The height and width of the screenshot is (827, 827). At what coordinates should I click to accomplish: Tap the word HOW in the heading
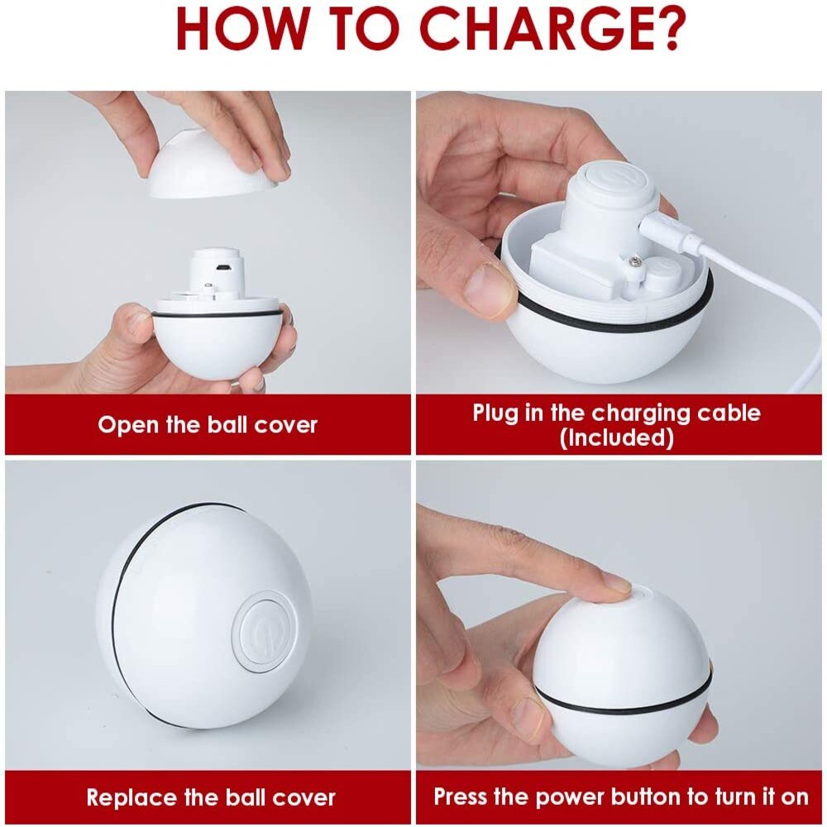coord(241,29)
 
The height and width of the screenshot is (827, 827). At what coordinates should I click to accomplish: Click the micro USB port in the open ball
coord(223,267)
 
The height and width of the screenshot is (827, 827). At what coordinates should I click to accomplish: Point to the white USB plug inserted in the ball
coord(671,236)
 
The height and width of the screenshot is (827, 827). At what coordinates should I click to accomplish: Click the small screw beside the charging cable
coord(634,260)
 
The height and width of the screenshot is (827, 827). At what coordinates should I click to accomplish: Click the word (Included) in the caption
coord(617,437)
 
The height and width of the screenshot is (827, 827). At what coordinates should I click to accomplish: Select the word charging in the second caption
coord(641,413)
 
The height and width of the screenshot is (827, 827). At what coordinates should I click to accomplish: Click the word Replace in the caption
coord(131,797)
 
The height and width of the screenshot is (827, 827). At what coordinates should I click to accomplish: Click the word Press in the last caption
coord(460,796)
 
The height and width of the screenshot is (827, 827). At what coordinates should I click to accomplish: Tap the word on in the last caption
coord(795,797)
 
